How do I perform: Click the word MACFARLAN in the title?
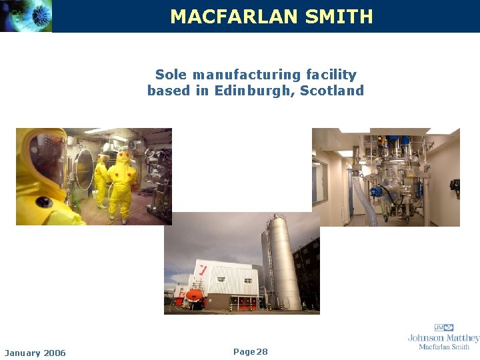[x=234, y=17]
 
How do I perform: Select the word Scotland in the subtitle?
[x=332, y=91]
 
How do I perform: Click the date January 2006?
[x=35, y=353]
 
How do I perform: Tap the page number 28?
[x=261, y=351]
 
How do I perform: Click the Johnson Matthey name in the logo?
[x=443, y=338]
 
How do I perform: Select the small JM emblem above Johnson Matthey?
[x=443, y=327]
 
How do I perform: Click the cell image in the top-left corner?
[x=25, y=16]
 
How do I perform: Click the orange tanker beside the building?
[x=194, y=295]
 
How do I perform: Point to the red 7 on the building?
[x=201, y=269]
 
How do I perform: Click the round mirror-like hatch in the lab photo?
[x=84, y=169]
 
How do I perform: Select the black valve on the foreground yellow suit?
[x=43, y=202]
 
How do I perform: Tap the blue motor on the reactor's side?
[x=377, y=191]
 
